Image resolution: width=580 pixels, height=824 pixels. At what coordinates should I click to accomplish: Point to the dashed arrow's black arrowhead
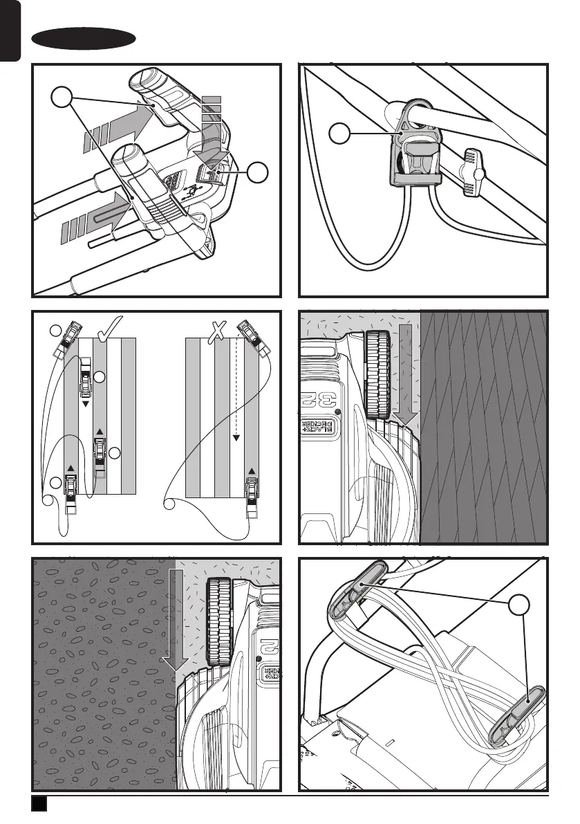(236, 437)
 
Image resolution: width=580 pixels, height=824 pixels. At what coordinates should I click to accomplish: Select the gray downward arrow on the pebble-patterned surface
(176, 616)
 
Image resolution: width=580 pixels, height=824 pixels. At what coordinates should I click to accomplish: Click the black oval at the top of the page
(84, 39)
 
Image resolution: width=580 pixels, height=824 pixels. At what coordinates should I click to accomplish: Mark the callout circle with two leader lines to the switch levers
(62, 101)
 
